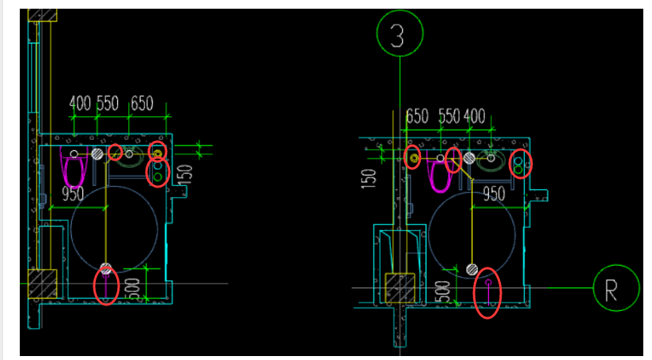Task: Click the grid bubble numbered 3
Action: tap(400, 33)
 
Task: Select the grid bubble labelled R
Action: tap(616, 288)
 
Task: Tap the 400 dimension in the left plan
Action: tap(80, 103)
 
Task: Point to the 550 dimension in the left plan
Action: tap(108, 103)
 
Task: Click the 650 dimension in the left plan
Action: tap(142, 103)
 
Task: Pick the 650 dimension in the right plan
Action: tap(417, 116)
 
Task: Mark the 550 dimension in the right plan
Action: tap(449, 116)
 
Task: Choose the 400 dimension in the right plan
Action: tap(475, 116)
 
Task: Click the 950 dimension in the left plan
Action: tap(73, 194)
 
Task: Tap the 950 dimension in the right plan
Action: tap(494, 194)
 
